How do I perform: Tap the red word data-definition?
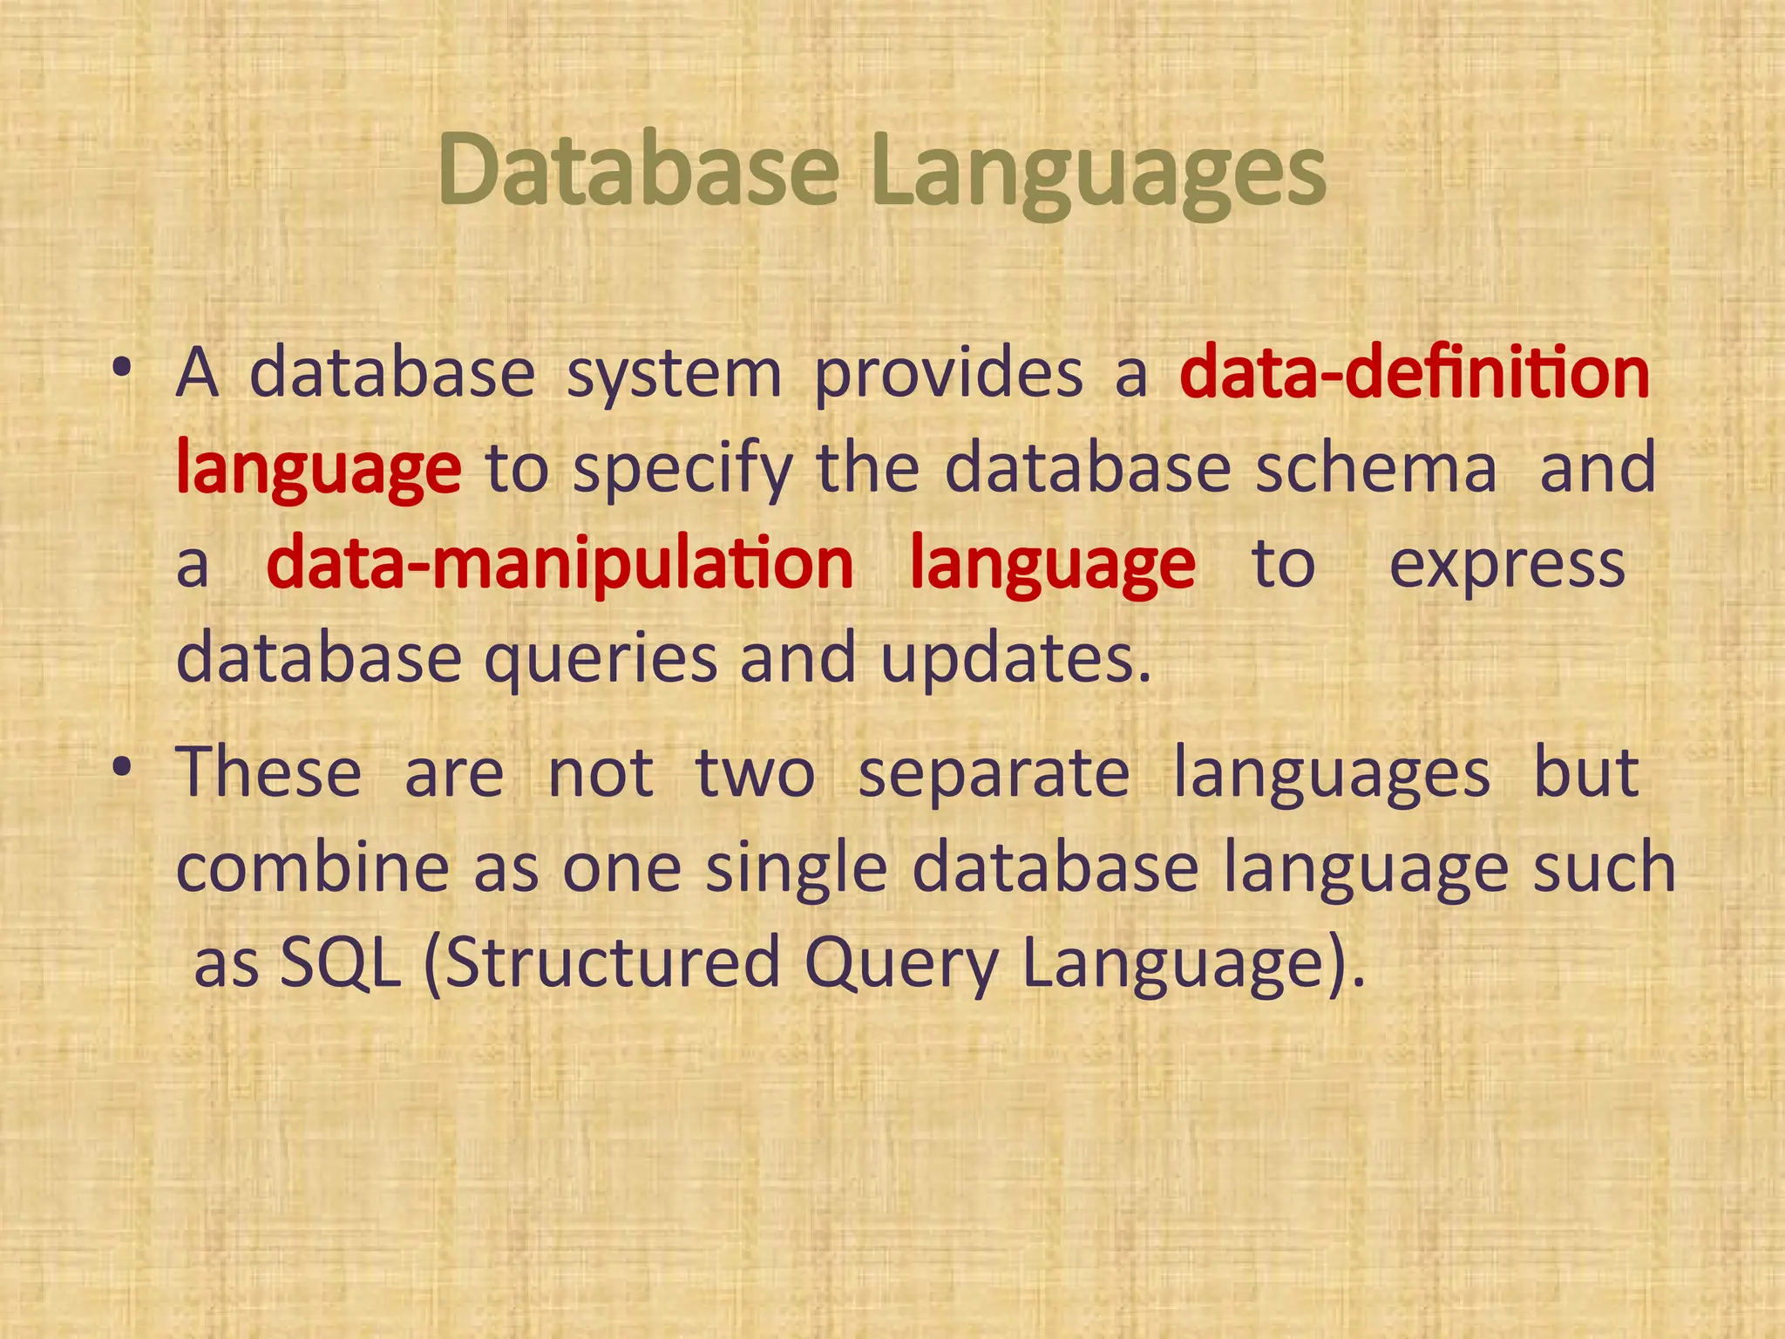click(1414, 373)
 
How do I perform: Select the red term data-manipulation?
click(560, 564)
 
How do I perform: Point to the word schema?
click(1375, 469)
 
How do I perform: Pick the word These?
click(268, 772)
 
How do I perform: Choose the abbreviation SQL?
click(341, 963)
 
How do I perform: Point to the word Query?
click(900, 965)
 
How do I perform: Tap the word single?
click(796, 869)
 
